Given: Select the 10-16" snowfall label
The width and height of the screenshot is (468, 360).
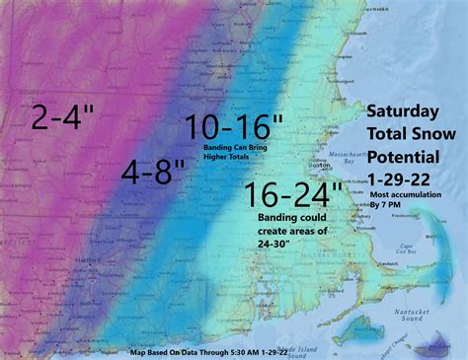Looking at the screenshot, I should pyautogui.click(x=233, y=127).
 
